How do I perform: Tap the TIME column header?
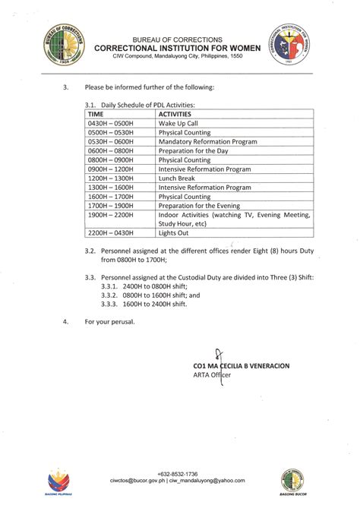[x=96, y=113]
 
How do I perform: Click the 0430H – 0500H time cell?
[x=111, y=123]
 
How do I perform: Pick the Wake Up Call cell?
[x=178, y=123]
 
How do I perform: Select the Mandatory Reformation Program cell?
[x=207, y=141]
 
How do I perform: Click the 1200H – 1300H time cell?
[x=111, y=178]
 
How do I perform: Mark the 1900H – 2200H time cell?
[x=111, y=215]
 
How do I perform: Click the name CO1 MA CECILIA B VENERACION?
[x=242, y=365]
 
